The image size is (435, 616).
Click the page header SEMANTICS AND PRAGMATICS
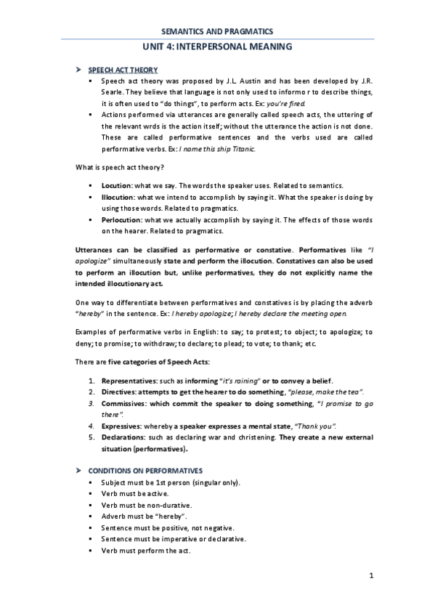pyautogui.click(x=217, y=31)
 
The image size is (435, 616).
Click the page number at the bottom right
pyautogui.click(x=370, y=576)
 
